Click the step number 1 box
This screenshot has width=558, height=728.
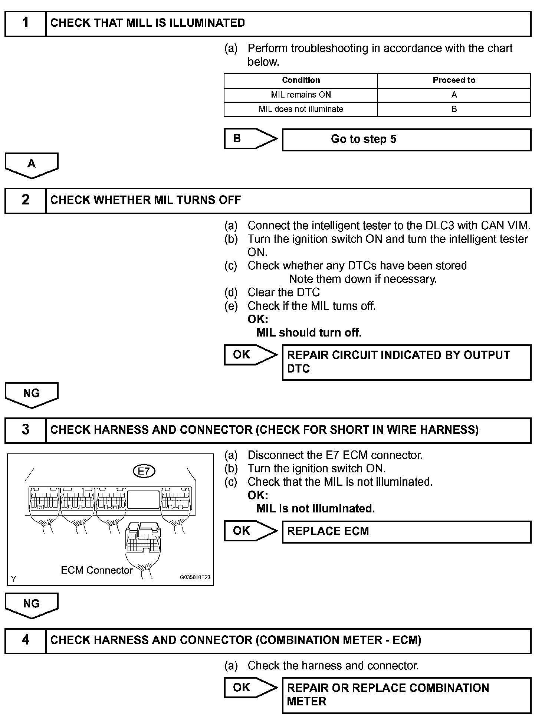[x=25, y=23]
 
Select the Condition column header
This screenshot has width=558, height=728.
[x=301, y=80]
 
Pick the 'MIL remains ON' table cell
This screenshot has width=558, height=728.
[x=301, y=95]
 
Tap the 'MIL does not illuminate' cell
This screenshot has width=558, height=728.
[x=301, y=109]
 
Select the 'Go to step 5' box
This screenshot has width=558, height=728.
[x=406, y=140]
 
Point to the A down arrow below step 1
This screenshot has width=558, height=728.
[x=32, y=165]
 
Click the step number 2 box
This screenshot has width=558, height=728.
[x=25, y=200]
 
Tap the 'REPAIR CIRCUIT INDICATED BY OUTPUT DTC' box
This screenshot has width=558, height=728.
[x=406, y=362]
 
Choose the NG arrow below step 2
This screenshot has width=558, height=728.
[x=32, y=394]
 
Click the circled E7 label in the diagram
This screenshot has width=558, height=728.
[x=144, y=471]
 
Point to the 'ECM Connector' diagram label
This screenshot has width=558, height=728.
[x=96, y=570]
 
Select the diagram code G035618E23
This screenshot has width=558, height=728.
[x=195, y=577]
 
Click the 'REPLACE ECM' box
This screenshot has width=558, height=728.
[x=406, y=532]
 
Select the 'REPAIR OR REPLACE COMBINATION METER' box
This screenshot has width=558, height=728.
[x=406, y=695]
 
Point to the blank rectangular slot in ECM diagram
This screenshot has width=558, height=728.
[x=143, y=499]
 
